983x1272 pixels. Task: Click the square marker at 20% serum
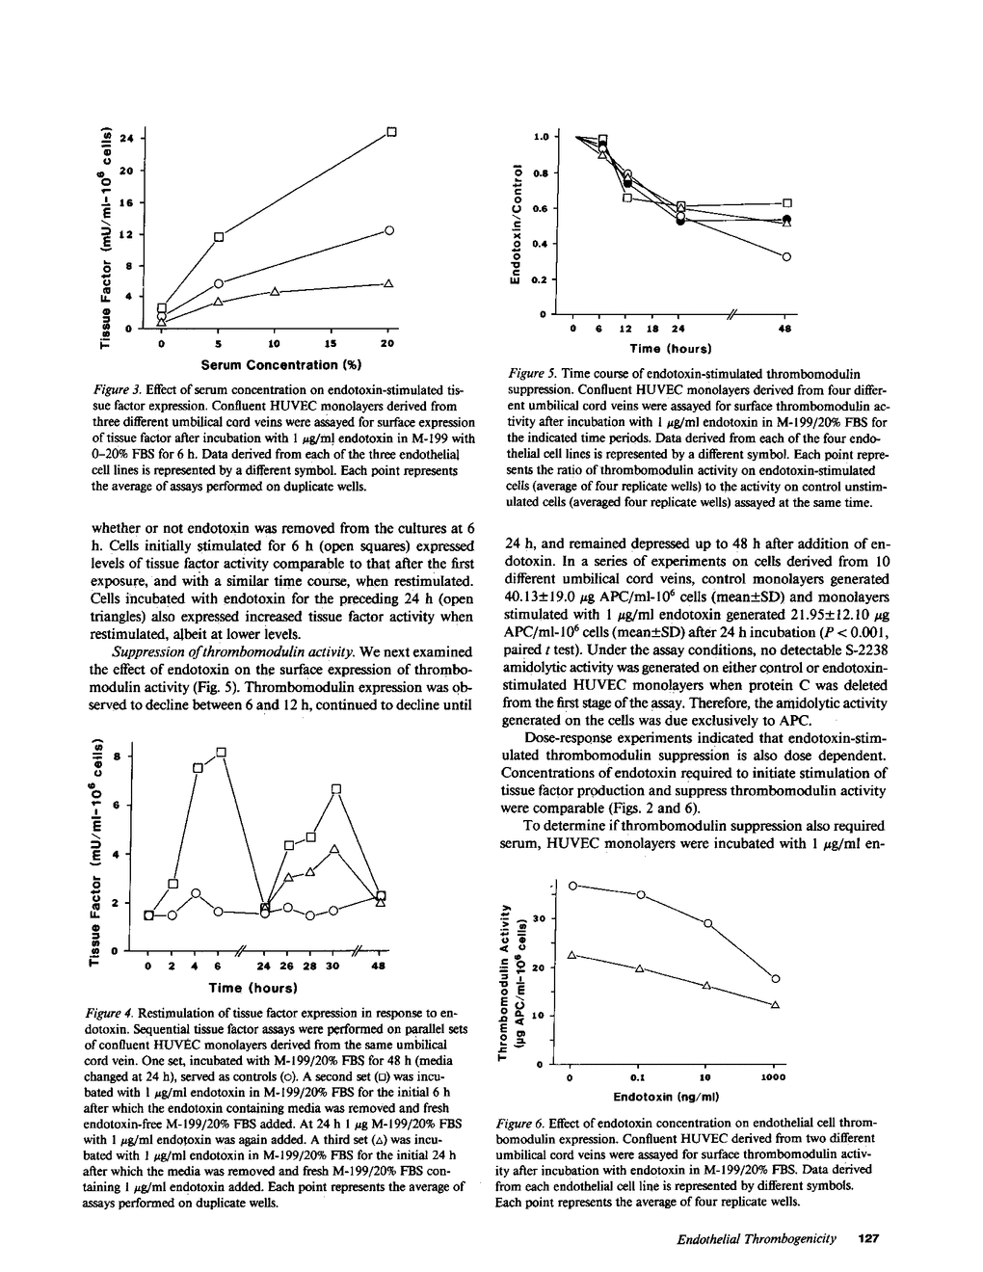(392, 131)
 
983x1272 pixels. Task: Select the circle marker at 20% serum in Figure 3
(389, 229)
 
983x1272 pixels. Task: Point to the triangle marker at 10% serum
(275, 291)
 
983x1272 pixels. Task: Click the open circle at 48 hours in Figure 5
(787, 256)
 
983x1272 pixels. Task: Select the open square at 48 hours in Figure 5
(787, 202)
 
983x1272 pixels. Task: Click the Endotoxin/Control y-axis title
(518, 225)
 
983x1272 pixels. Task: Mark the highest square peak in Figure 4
(221, 752)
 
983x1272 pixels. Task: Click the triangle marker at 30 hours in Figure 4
(333, 849)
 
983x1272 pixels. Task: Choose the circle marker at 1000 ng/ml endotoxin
(776, 979)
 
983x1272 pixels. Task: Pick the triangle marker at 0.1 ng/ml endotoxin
(639, 967)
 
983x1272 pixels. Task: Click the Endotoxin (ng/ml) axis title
(667, 1096)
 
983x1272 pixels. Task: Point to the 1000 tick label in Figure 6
(774, 1077)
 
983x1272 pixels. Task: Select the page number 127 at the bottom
(869, 1237)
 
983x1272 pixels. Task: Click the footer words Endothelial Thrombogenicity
(756, 1237)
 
